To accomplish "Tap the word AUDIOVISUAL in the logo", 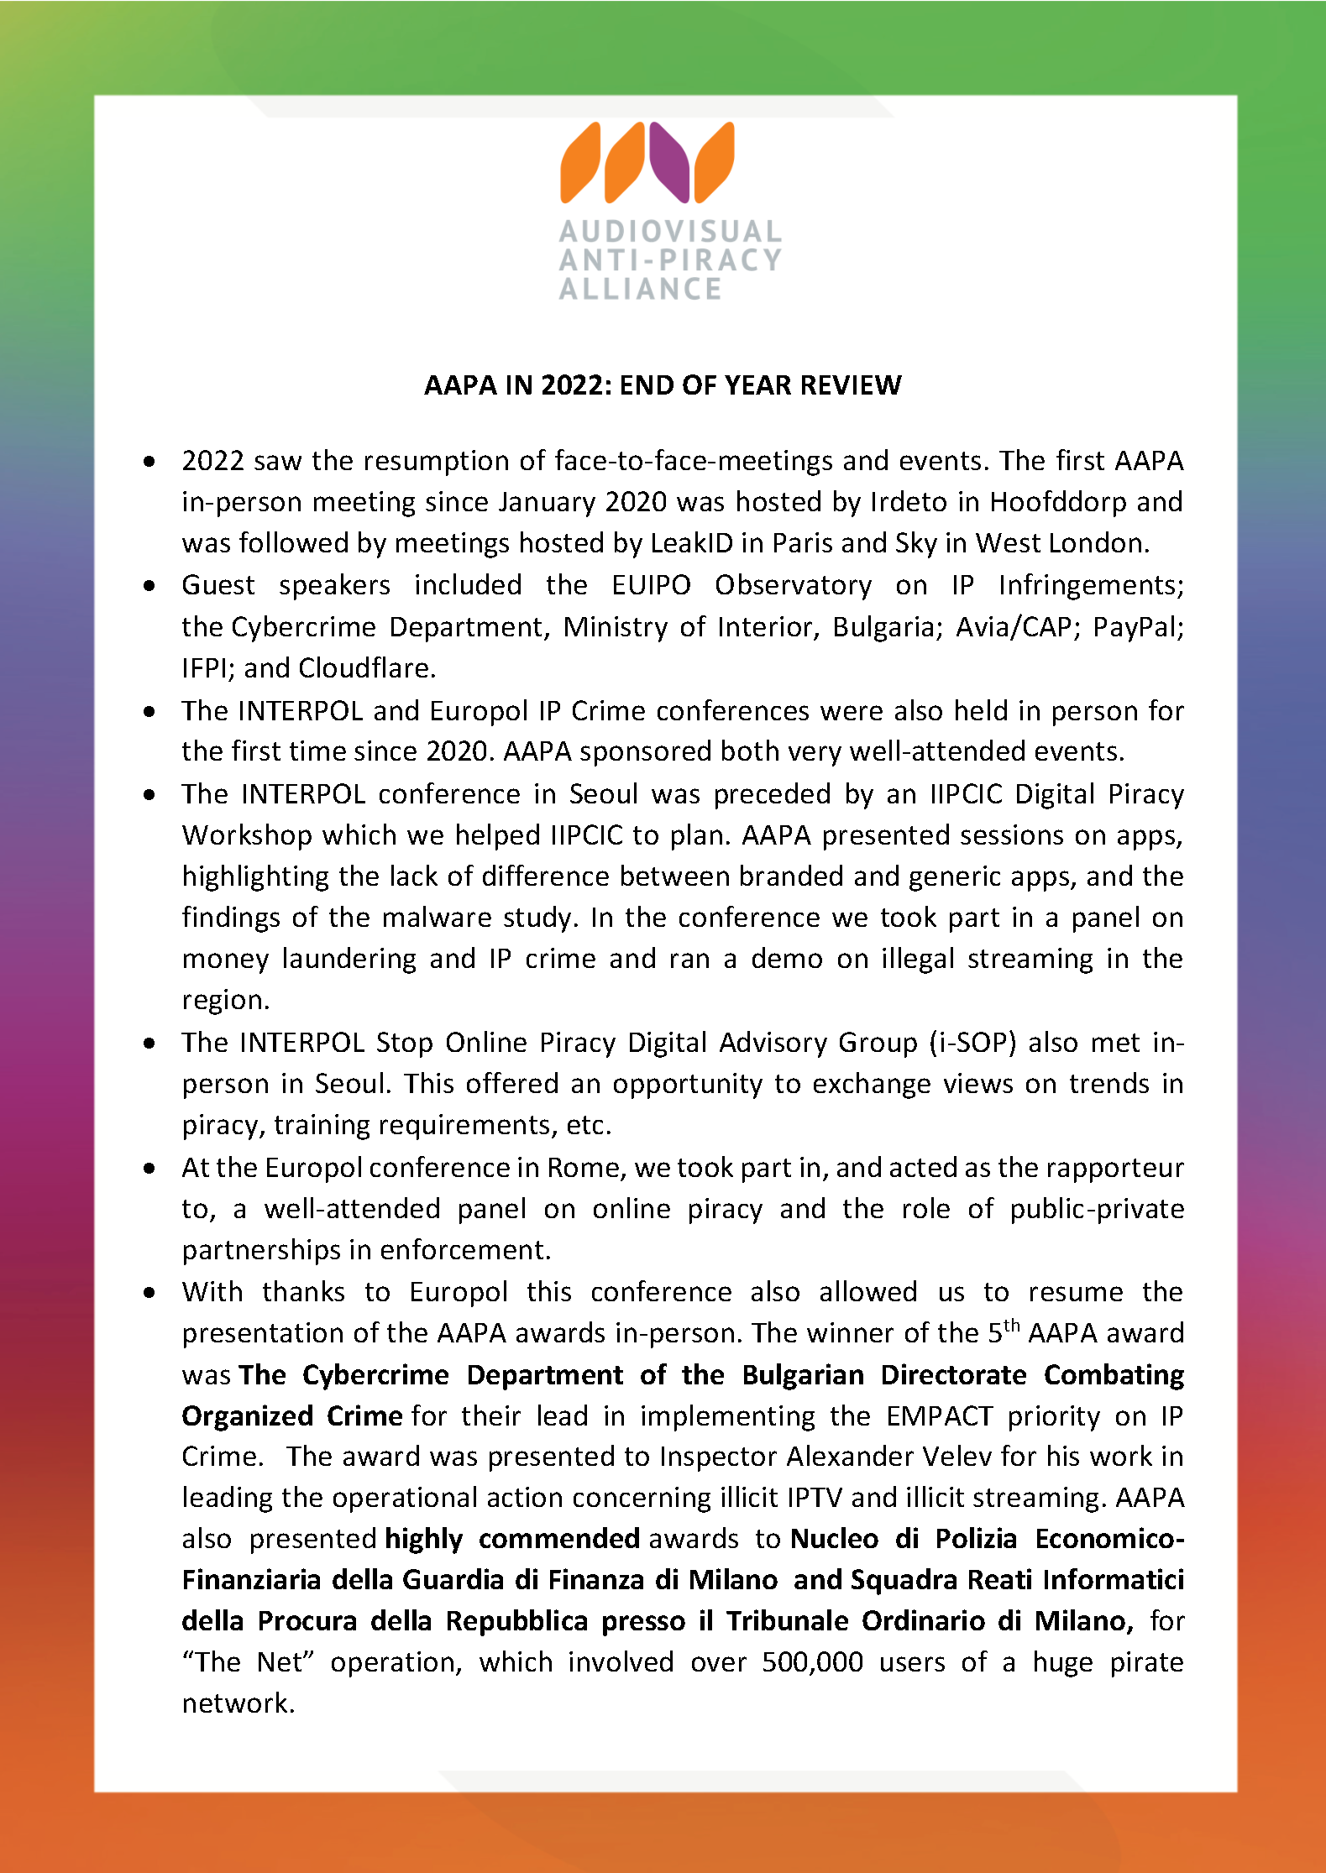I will [670, 232].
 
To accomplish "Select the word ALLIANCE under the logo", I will [640, 289].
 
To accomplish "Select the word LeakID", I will [691, 543].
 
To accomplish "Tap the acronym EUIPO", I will [651, 585].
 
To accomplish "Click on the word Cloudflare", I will [366, 668].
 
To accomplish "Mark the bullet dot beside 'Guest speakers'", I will [149, 586].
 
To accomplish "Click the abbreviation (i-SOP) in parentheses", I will [972, 1043].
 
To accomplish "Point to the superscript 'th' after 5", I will [1012, 1326].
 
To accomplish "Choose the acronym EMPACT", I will [940, 1416].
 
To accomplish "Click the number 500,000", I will [812, 1662].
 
